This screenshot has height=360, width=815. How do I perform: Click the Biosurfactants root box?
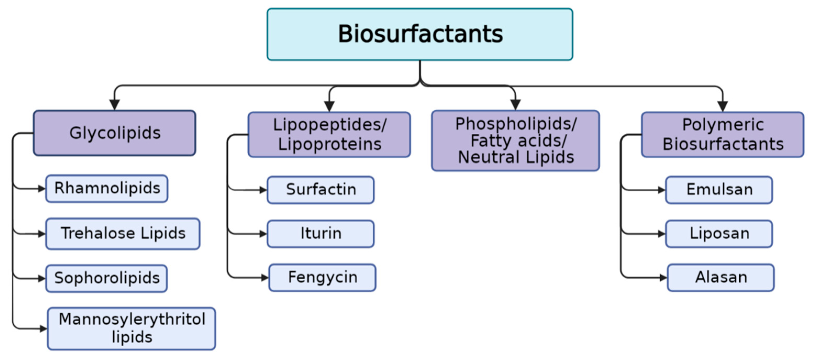420,34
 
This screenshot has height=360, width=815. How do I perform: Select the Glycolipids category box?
115,133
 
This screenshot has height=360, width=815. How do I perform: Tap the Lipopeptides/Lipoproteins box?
329,134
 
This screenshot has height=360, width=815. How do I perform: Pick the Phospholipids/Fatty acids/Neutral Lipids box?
515,140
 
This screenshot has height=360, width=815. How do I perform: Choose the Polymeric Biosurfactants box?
723,134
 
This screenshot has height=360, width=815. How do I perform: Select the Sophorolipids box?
107,278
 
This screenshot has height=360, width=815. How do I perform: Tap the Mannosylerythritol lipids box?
132,328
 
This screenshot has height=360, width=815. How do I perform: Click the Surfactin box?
321,190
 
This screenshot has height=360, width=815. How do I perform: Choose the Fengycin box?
322,277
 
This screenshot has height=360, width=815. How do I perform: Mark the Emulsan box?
719,190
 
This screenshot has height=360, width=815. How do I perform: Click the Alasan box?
721,277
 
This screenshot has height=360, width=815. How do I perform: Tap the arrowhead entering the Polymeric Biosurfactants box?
723,106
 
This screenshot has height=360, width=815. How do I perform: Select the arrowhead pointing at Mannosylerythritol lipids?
43,329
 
